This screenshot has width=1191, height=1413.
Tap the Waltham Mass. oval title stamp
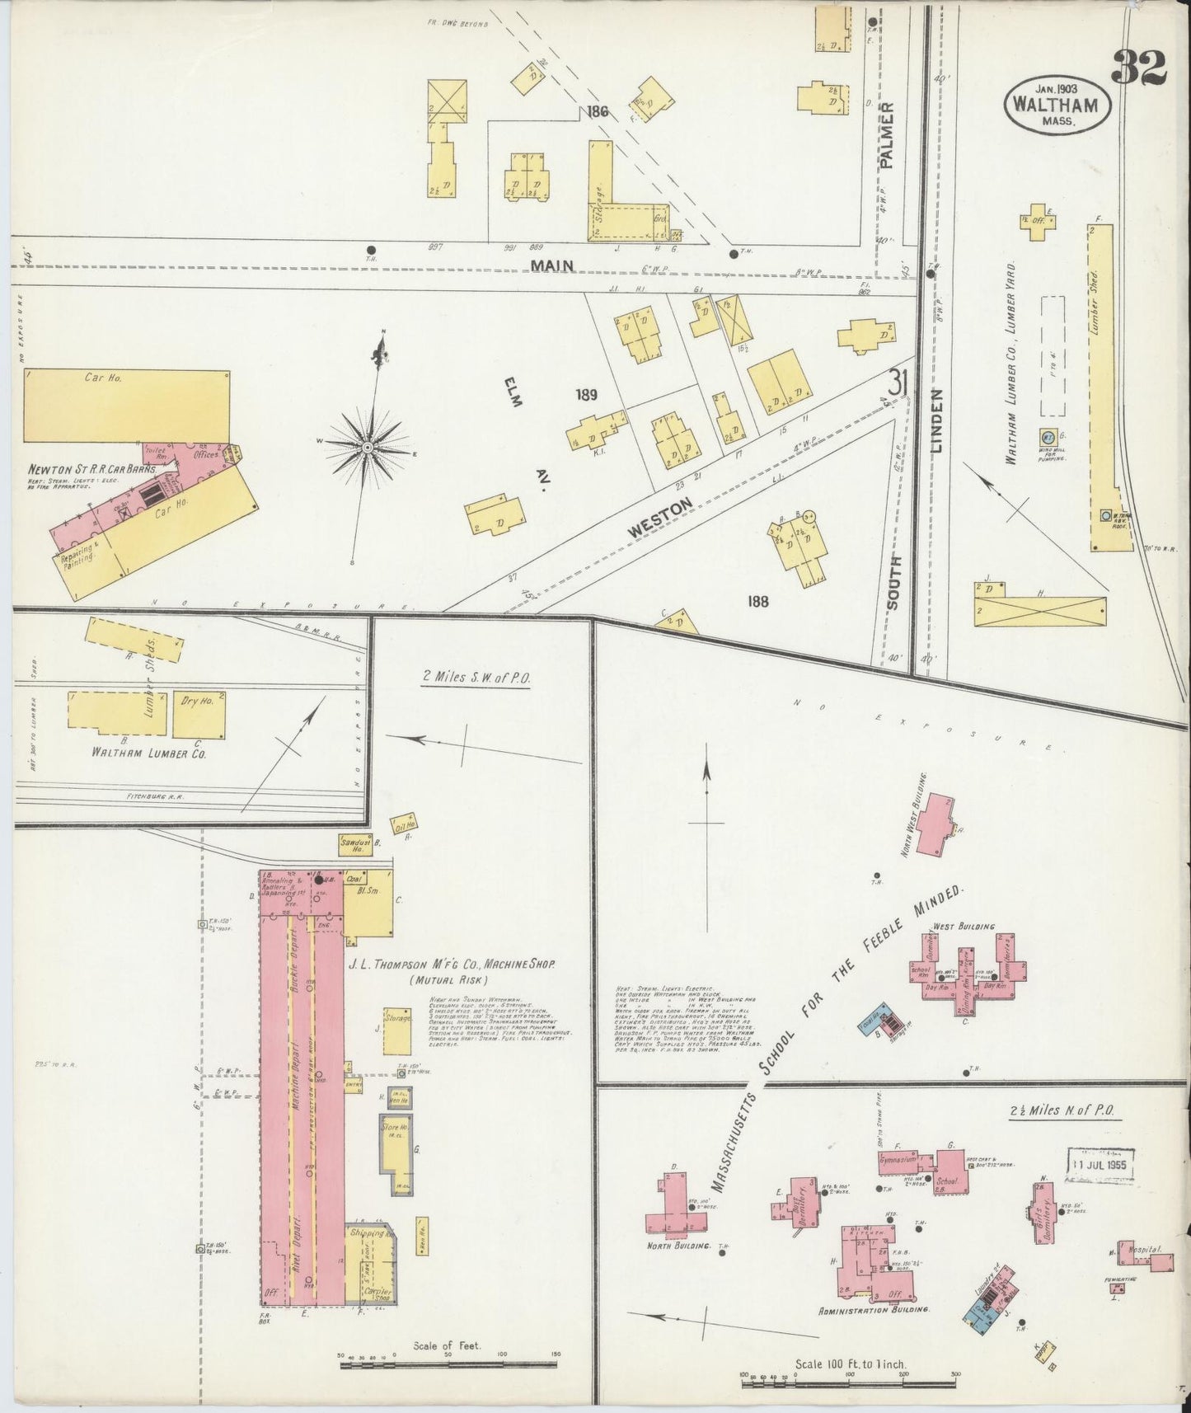[1057, 104]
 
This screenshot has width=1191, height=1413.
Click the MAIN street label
[552, 265]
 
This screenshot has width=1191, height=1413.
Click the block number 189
[586, 394]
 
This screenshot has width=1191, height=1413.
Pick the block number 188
[757, 601]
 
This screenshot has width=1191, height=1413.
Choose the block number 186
[598, 111]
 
